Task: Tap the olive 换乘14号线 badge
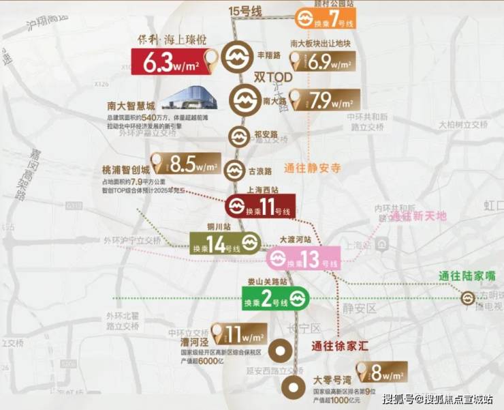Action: (x=225, y=242)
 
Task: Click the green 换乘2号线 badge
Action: (x=276, y=297)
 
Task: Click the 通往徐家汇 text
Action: (x=340, y=346)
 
